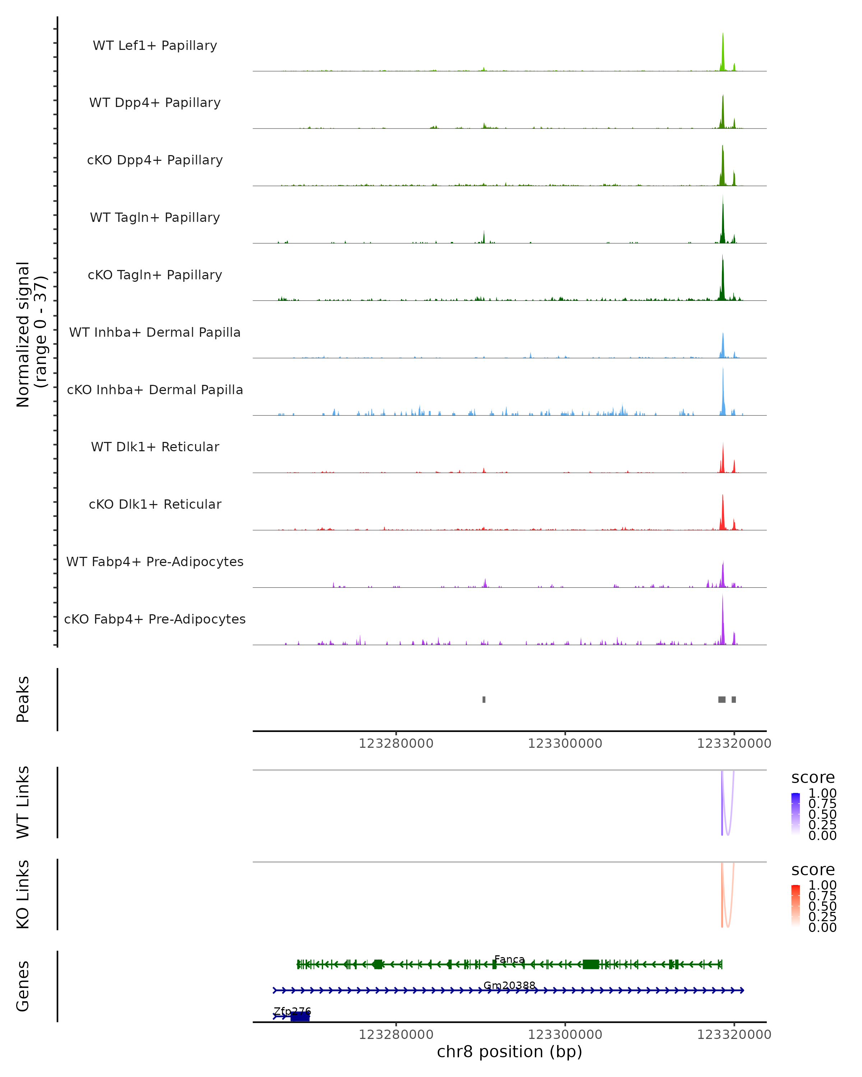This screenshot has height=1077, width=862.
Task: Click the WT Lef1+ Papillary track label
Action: tap(155, 46)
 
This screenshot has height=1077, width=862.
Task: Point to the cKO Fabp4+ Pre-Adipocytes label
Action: tap(155, 619)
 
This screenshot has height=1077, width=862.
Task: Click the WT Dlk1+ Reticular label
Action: tap(155, 447)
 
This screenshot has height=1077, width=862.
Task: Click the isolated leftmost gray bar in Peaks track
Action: tap(484, 699)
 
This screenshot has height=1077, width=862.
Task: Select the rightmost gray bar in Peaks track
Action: tap(733, 699)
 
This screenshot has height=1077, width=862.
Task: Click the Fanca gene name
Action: tap(509, 959)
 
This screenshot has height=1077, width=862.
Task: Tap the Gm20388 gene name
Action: tap(509, 985)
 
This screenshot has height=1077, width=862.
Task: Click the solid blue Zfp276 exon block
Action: tap(300, 1016)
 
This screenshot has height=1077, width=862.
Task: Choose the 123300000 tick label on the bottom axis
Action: tap(565, 1035)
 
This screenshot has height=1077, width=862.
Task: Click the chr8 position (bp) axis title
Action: tap(509, 1052)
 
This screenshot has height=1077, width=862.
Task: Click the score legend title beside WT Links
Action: tap(813, 777)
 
